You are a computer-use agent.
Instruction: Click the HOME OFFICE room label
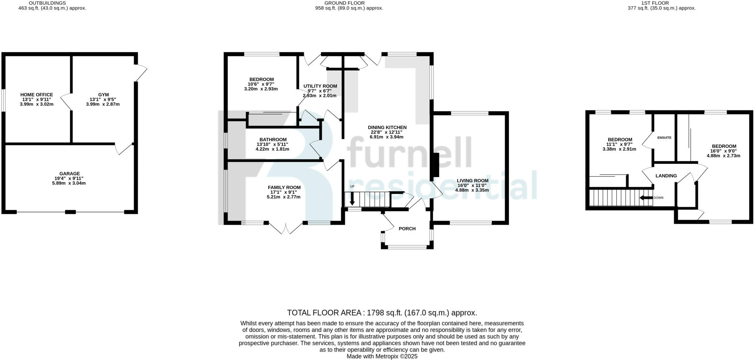[x=36, y=95]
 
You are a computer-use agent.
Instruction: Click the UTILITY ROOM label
[x=320, y=86]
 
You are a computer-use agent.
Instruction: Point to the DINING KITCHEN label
[x=387, y=127]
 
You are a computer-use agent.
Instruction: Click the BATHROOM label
[x=273, y=140]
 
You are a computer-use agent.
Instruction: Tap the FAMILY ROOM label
[x=284, y=187]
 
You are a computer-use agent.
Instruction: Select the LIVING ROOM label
[x=472, y=180]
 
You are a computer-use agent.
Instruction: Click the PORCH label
[x=407, y=229]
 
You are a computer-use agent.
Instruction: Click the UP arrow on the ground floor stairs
[x=352, y=199]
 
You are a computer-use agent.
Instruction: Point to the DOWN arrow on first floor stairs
[x=646, y=198]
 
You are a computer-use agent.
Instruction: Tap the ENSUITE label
[x=664, y=138]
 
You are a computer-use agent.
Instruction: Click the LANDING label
[x=666, y=176]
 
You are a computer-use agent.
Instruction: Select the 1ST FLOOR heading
[x=662, y=3]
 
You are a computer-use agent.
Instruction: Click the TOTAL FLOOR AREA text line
[x=382, y=313]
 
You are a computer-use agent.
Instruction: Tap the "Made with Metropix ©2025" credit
[x=382, y=356]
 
